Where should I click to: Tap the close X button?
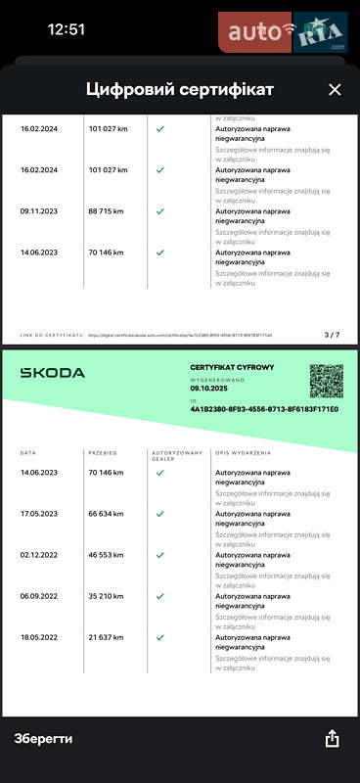coord(335,90)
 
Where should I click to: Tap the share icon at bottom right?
coord(333,739)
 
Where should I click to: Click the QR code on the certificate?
coord(326,381)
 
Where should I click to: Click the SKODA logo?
coord(53,373)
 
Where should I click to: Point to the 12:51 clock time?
coord(67,29)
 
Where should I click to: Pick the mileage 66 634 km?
coord(107,514)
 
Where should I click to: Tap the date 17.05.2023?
coord(39,514)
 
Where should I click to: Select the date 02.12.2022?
coord(39,555)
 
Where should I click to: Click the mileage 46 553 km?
coord(107,555)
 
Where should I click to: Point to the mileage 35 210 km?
coord(107,596)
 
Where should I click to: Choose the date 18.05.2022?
coord(39,637)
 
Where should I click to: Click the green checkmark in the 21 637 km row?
coord(159,637)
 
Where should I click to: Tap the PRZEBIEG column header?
coord(103,453)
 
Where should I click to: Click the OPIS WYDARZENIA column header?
coord(243,453)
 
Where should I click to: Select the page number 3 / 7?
coord(331,335)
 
